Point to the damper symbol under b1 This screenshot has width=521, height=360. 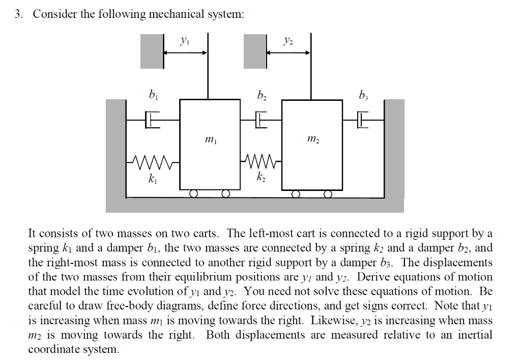click(x=153, y=121)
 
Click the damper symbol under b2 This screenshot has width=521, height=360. click(x=261, y=121)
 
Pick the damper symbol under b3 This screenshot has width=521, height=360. click(x=362, y=121)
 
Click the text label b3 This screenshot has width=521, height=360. click(x=363, y=95)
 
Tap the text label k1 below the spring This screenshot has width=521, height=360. click(x=152, y=179)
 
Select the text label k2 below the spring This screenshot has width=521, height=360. click(x=261, y=179)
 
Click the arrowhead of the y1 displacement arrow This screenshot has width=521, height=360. click(x=204, y=52)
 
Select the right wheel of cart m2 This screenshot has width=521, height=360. click(x=328, y=193)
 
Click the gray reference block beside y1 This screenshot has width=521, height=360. click(x=152, y=51)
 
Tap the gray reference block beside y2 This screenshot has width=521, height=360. click(x=255, y=51)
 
